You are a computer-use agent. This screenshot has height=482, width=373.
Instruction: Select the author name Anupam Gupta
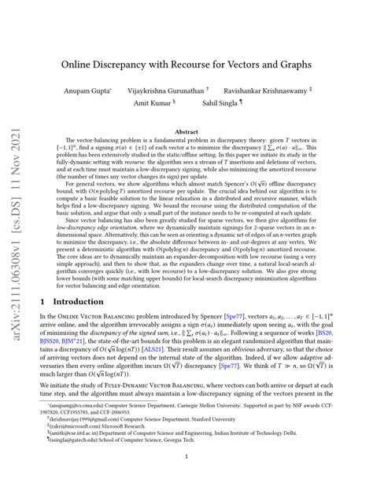[x=102, y=92]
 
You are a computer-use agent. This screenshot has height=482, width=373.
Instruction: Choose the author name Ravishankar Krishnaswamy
[x=279, y=92]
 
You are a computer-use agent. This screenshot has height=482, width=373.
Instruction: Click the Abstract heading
[x=186, y=132]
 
